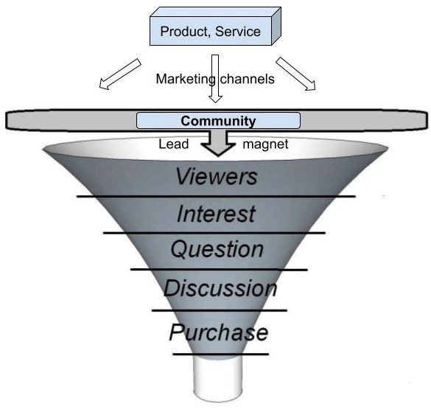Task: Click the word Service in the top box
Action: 238,32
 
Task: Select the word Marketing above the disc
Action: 186,79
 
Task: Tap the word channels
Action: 247,79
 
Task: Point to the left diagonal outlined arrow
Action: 120,74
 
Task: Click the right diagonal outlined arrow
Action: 295,74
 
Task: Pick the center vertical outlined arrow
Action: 215,79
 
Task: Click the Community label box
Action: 218,120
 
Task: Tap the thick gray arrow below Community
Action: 218,143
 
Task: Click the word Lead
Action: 174,144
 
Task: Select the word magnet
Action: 265,144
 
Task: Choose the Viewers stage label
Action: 217,176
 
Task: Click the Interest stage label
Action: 217,214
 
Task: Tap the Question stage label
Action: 217,249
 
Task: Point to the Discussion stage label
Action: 220,288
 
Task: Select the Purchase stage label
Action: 219,332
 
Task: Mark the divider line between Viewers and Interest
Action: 216,196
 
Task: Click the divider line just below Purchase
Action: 221,355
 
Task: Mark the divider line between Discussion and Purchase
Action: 220,310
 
